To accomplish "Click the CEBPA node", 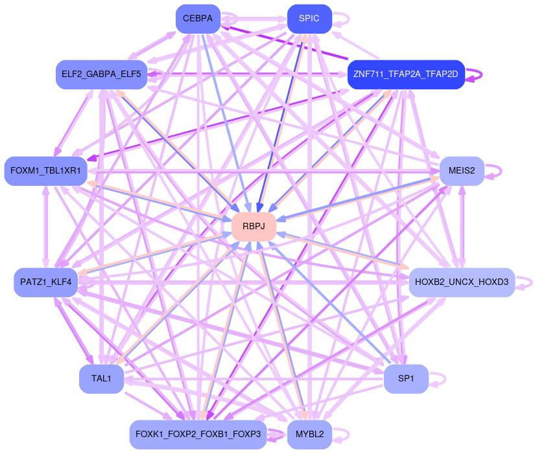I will click(198, 18).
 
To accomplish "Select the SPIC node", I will click(309, 18).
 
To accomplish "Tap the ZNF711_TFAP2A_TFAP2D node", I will click(406, 74).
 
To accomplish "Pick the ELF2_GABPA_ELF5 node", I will click(101, 74).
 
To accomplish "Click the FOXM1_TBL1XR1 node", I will click(45, 171).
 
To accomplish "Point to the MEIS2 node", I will click(462, 171).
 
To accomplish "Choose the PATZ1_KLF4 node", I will click(46, 282).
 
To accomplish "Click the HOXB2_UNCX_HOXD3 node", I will click(462, 282).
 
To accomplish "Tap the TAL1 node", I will click(102, 378).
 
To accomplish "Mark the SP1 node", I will click(406, 378).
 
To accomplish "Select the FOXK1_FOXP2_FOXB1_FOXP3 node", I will click(198, 434).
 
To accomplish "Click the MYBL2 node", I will click(309, 434).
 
